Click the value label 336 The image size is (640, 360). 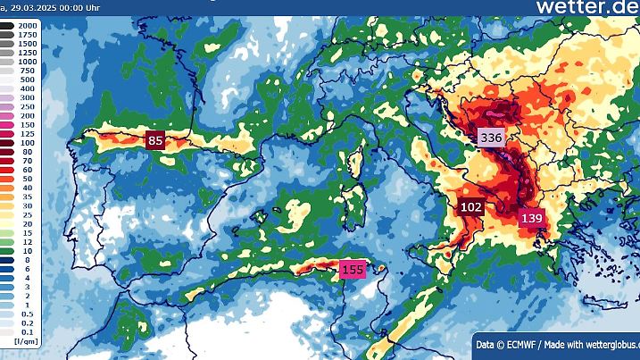pos(491,138)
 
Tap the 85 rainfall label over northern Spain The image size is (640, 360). pos(156,140)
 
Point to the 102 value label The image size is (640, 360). pos(472,207)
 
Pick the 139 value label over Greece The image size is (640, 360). pos(532,218)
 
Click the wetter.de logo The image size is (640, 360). pos(586,7)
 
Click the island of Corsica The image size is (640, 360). pos(353,163)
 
